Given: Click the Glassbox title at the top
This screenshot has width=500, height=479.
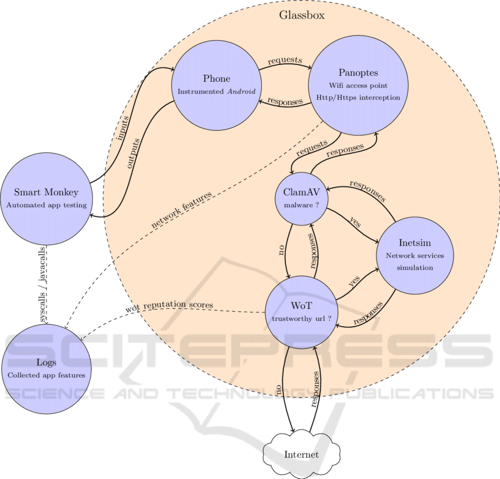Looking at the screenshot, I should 301,15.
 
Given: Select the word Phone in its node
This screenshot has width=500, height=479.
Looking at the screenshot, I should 216,79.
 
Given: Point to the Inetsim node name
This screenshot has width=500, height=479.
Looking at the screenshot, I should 415,243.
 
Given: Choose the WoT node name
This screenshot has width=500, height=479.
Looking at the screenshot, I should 302,306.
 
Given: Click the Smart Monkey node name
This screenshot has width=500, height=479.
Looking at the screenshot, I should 46,192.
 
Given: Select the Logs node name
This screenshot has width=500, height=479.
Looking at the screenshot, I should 46,362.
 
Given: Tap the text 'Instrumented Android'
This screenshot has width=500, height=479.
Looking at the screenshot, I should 216,92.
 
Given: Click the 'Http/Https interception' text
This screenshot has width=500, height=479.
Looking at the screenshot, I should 358,97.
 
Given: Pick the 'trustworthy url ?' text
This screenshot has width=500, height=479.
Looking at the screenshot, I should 302,318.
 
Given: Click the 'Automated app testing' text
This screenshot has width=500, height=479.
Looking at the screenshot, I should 46,205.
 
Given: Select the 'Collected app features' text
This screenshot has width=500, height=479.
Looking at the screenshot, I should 46,375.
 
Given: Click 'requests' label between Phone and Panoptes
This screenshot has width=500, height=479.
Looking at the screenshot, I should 285,60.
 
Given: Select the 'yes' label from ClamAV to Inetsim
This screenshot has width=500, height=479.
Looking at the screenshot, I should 355,224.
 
